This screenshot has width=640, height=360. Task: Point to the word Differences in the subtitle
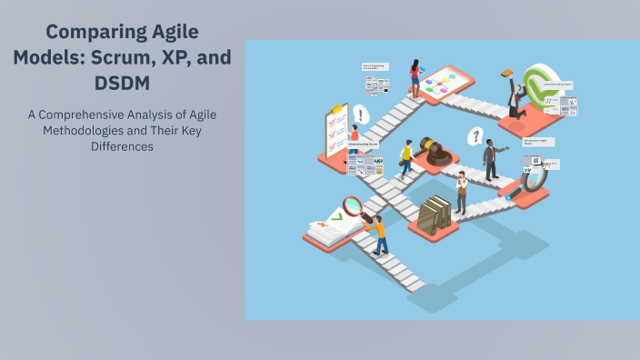click(x=122, y=146)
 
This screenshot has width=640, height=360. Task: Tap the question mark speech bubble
click(x=474, y=136)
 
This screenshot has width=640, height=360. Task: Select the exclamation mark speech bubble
click(x=361, y=115)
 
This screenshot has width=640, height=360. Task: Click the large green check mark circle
click(x=546, y=90)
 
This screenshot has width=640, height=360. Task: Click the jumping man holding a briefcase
click(x=515, y=95)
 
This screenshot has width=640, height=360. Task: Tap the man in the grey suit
click(x=491, y=160)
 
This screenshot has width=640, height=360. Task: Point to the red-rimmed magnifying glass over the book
click(x=353, y=206)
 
